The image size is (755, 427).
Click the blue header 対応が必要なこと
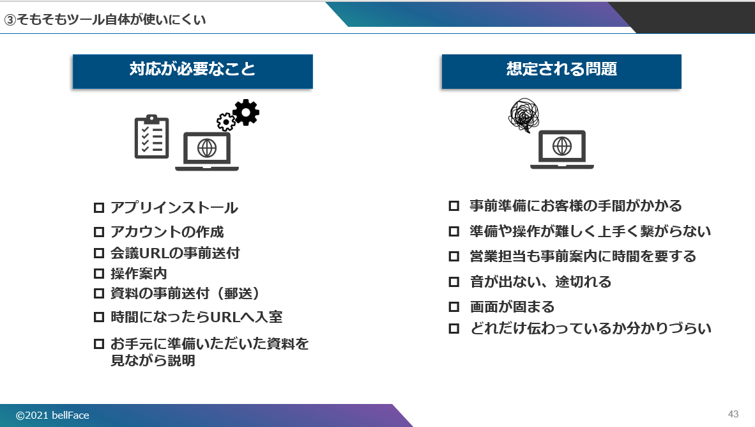tap(193, 72)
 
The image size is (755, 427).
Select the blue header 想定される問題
tap(561, 72)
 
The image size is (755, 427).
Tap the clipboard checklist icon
tap(151, 137)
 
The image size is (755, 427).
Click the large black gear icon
tap(246, 113)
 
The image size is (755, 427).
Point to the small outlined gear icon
tap(226, 122)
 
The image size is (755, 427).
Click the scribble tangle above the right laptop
tap(524, 115)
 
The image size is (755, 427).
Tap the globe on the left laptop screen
tap(207, 148)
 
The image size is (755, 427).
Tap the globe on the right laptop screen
tap(562, 146)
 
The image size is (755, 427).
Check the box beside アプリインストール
tap(99, 208)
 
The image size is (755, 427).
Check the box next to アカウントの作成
tap(99, 232)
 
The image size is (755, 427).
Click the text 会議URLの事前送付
tap(175, 253)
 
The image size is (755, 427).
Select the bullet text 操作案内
tap(139, 273)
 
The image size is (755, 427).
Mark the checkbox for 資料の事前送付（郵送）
tap(99, 293)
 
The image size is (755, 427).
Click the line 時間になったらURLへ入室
tap(197, 317)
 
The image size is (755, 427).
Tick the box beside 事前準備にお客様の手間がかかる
tap(454, 206)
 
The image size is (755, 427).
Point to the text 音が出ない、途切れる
tap(541, 281)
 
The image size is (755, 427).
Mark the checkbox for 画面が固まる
tap(454, 307)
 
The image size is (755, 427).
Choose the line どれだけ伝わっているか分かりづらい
tap(591, 328)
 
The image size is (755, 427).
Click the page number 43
tap(733, 414)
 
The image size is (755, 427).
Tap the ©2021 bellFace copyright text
tap(52, 415)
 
